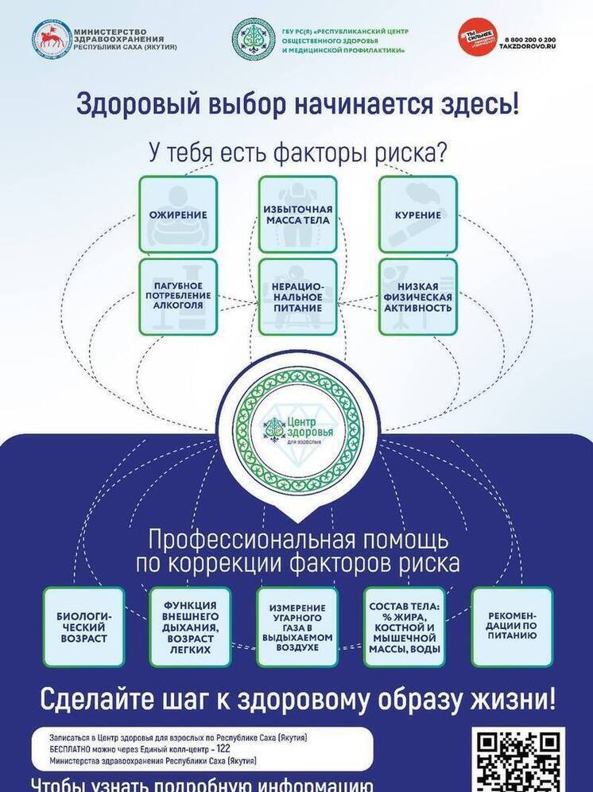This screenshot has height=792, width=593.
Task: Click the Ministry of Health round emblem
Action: [x=51, y=39]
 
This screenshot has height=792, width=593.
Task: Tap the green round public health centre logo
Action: [x=254, y=39]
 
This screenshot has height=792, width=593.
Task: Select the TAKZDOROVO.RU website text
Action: [x=527, y=47]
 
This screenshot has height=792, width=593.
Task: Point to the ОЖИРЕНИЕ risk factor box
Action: [x=178, y=215]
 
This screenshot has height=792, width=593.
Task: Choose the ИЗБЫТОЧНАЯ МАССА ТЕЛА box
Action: [x=297, y=215]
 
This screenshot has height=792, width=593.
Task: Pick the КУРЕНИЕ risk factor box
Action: [x=417, y=215]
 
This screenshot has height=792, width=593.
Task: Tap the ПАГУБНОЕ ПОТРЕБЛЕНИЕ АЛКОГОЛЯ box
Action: [x=178, y=296]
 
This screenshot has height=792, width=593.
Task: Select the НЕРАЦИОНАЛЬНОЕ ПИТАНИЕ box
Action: [x=297, y=296]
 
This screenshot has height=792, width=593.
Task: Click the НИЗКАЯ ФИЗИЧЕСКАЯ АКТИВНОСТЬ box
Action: [x=417, y=296]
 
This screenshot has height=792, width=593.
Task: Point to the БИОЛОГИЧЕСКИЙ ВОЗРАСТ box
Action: [x=83, y=627]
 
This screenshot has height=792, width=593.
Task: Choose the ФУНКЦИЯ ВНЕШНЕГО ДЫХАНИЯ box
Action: [x=190, y=627]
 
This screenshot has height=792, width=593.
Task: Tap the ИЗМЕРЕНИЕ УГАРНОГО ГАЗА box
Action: [x=297, y=627]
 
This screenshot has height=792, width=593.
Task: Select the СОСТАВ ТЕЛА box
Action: [x=403, y=627]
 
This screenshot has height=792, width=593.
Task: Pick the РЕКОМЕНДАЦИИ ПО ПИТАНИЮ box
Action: [x=511, y=627]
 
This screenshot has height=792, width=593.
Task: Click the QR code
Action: [x=519, y=759]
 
